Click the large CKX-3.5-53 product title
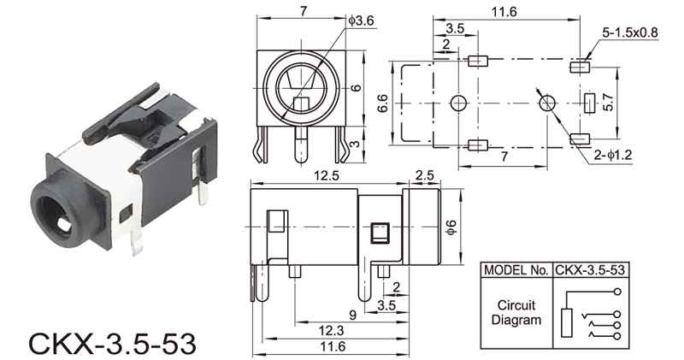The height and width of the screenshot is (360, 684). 112,344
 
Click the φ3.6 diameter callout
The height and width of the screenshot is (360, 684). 362,21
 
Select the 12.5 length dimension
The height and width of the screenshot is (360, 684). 327,175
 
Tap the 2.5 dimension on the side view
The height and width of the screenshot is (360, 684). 424,175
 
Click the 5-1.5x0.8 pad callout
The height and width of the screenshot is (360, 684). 630,32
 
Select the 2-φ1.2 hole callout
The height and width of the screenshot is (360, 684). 612,155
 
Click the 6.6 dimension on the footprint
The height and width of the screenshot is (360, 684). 382,103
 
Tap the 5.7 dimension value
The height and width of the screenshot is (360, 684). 608,102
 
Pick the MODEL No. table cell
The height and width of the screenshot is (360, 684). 516,270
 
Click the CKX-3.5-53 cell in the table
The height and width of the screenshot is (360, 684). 590,270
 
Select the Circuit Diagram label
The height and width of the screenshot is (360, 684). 516,312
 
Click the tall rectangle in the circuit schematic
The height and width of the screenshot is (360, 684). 567,322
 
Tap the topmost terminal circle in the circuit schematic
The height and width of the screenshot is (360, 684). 616,292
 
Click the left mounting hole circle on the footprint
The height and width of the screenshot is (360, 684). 458,103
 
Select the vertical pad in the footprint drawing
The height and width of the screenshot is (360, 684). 590,103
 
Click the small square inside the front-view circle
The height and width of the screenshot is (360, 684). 301,104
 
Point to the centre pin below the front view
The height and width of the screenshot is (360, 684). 301,145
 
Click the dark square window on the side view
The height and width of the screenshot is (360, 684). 379,233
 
